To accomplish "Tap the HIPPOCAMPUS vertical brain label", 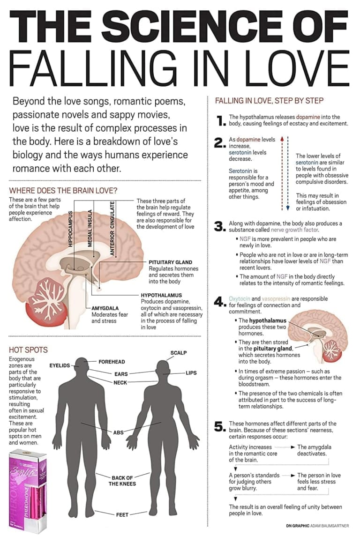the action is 70,228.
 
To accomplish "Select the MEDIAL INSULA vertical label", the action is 90,228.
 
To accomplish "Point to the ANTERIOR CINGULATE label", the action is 112,228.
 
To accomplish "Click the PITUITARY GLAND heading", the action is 170,262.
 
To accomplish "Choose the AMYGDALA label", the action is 105,308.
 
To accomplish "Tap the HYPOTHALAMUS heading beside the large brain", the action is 161,295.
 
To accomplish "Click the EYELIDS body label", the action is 60,365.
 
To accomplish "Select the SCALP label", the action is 179,353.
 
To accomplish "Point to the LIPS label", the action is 191,373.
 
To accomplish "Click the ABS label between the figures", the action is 118,432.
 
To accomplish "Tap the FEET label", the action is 122,515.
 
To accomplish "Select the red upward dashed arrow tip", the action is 282,138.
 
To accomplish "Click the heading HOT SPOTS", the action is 29,350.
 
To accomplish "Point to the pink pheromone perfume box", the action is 27,491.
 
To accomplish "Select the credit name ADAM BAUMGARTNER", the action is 330,526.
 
